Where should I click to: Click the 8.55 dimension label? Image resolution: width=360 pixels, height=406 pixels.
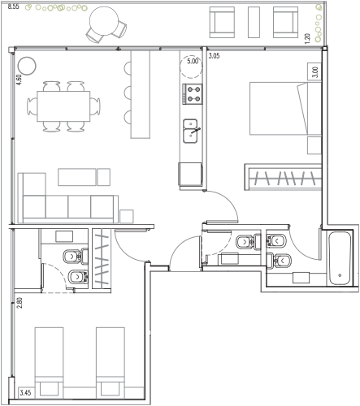tap(13, 6)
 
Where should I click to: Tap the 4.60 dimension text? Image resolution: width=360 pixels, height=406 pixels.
tap(19, 80)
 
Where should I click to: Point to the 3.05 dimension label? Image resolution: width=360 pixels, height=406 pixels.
tap(214, 56)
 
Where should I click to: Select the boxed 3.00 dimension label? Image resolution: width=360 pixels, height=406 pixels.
tap(314, 72)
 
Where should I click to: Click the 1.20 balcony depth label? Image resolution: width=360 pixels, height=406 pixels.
tap(307, 38)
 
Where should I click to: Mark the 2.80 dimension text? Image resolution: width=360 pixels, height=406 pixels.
tap(19, 303)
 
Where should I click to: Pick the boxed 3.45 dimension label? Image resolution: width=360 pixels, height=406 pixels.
tap(25, 392)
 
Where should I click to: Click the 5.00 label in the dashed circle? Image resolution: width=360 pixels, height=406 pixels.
tap(193, 61)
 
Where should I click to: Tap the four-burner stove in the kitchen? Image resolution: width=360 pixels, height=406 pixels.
tap(193, 94)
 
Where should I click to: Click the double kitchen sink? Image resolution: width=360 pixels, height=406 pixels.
tap(190, 131)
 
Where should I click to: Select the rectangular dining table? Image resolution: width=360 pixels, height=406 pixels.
tap(63, 106)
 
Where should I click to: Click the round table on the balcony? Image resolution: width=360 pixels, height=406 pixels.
tap(104, 21)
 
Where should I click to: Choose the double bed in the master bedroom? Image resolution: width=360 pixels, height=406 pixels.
tap(285, 109)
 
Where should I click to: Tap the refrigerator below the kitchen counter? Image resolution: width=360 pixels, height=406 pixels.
tap(190, 174)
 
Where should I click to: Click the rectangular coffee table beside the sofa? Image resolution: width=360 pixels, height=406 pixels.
tap(77, 177)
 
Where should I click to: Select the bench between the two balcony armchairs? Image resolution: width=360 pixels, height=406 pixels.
tap(254, 22)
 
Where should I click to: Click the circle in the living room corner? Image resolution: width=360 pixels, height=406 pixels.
tap(27, 66)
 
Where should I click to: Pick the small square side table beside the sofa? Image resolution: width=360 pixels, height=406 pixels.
tap(127, 217)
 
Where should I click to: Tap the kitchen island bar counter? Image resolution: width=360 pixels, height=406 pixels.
tap(141, 94)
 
